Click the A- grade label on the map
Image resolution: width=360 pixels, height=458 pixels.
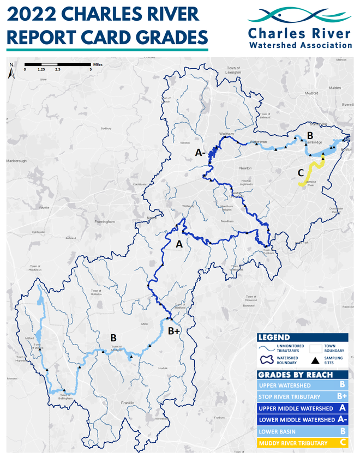click(200, 154)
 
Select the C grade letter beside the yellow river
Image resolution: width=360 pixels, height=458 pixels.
click(300, 173)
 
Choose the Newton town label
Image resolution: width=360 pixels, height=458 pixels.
click(245, 168)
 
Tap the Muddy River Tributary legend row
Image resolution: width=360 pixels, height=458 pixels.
click(302, 443)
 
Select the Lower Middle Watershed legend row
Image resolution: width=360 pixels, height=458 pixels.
click(302, 420)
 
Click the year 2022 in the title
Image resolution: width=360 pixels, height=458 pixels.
click(30, 13)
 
